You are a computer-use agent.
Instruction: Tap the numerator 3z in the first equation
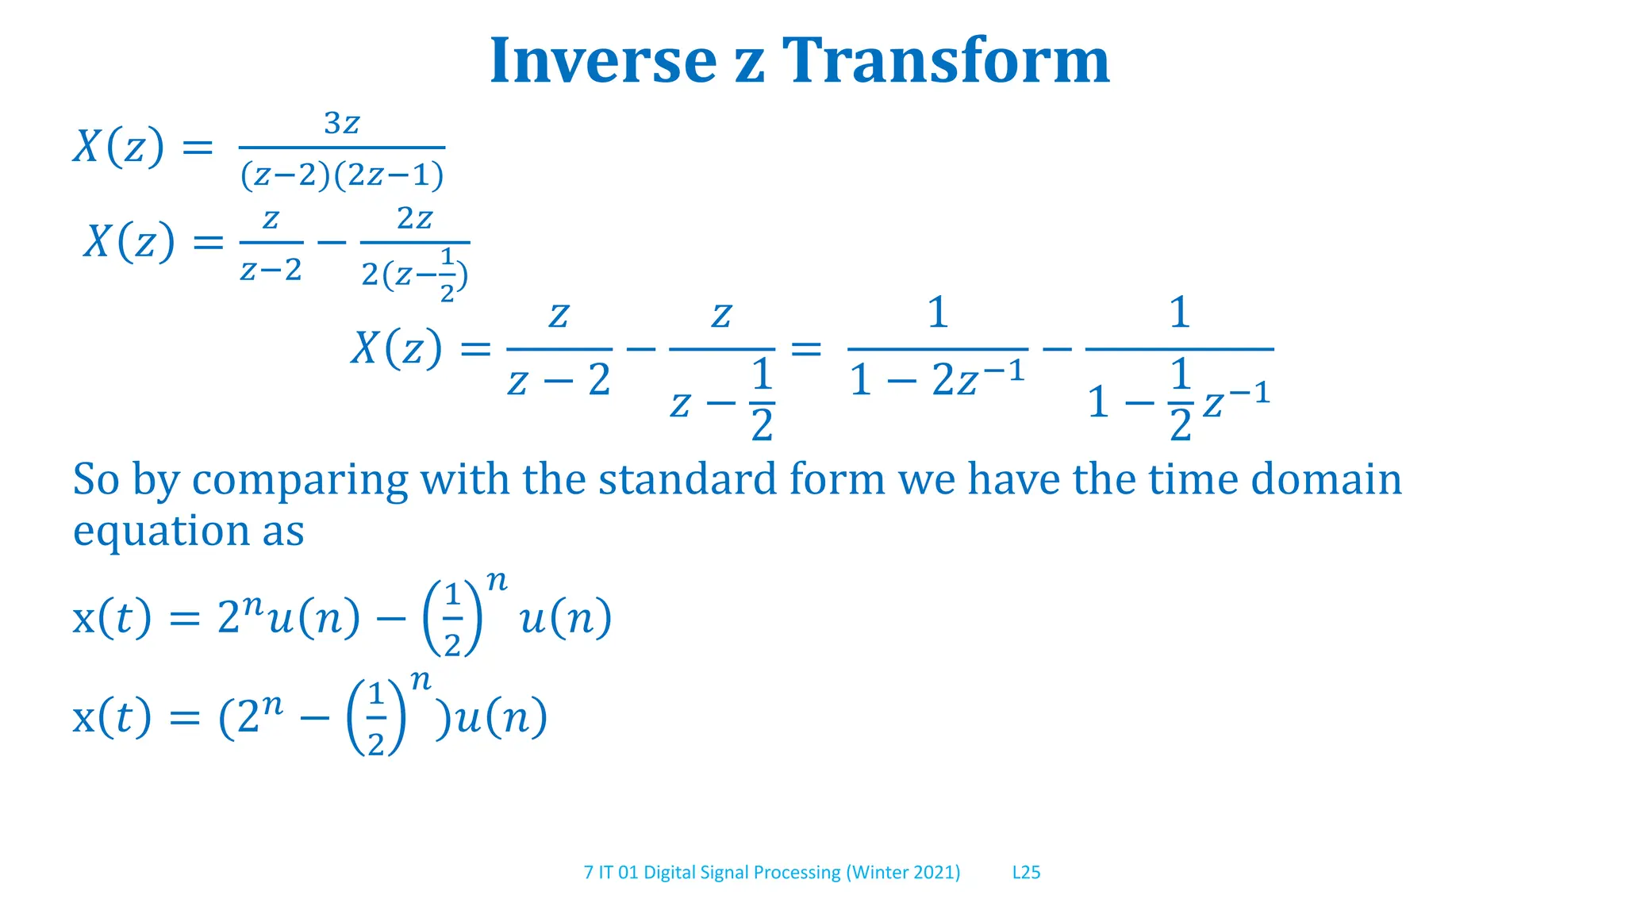tap(342, 124)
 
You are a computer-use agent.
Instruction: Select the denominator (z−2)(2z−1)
tap(342, 175)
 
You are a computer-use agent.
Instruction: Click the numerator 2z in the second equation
tap(415, 218)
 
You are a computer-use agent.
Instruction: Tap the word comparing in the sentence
tap(300, 481)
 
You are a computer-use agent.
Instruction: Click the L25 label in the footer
tap(1026, 872)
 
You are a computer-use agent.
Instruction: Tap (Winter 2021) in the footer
tap(903, 872)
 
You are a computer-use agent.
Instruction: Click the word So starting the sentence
tap(96, 479)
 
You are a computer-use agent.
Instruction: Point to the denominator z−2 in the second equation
tap(271, 271)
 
